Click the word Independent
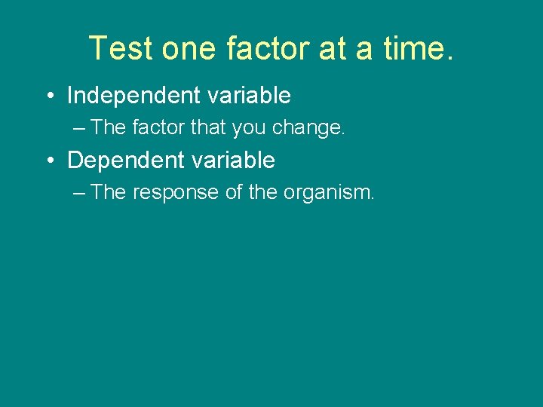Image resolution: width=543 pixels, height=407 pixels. point(133,96)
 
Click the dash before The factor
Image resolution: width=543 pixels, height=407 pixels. point(80,129)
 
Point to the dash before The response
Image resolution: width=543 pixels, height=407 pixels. point(80,194)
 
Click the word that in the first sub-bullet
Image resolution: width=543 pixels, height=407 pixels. point(208,128)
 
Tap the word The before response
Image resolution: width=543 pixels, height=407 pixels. point(109,193)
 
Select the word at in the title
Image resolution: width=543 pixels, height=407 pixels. point(333,48)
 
